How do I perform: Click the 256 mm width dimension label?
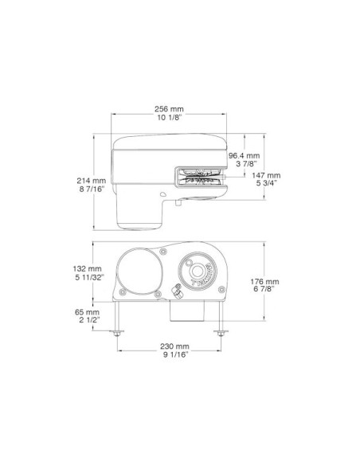[169, 109]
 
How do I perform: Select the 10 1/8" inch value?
[169, 117]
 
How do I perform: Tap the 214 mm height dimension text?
[92, 180]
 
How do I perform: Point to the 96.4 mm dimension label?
[244, 156]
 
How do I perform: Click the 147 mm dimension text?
[266, 175]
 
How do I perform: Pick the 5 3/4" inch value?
[267, 183]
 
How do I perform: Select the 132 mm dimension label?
[87, 268]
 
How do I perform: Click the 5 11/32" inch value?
[89, 278]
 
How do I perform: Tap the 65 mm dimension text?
[87, 312]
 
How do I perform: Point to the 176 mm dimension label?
[264, 281]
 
